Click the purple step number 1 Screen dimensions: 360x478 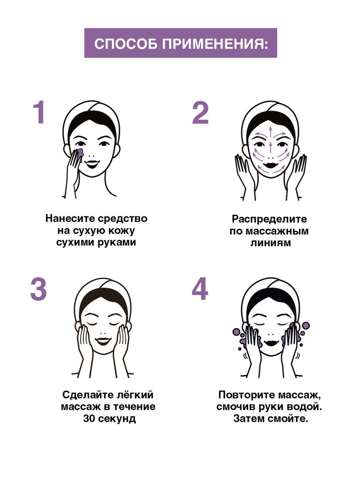tap(39, 112)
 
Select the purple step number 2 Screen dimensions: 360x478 tap(200, 113)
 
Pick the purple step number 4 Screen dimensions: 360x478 tap(200, 288)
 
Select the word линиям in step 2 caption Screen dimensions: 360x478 tap(270, 243)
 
